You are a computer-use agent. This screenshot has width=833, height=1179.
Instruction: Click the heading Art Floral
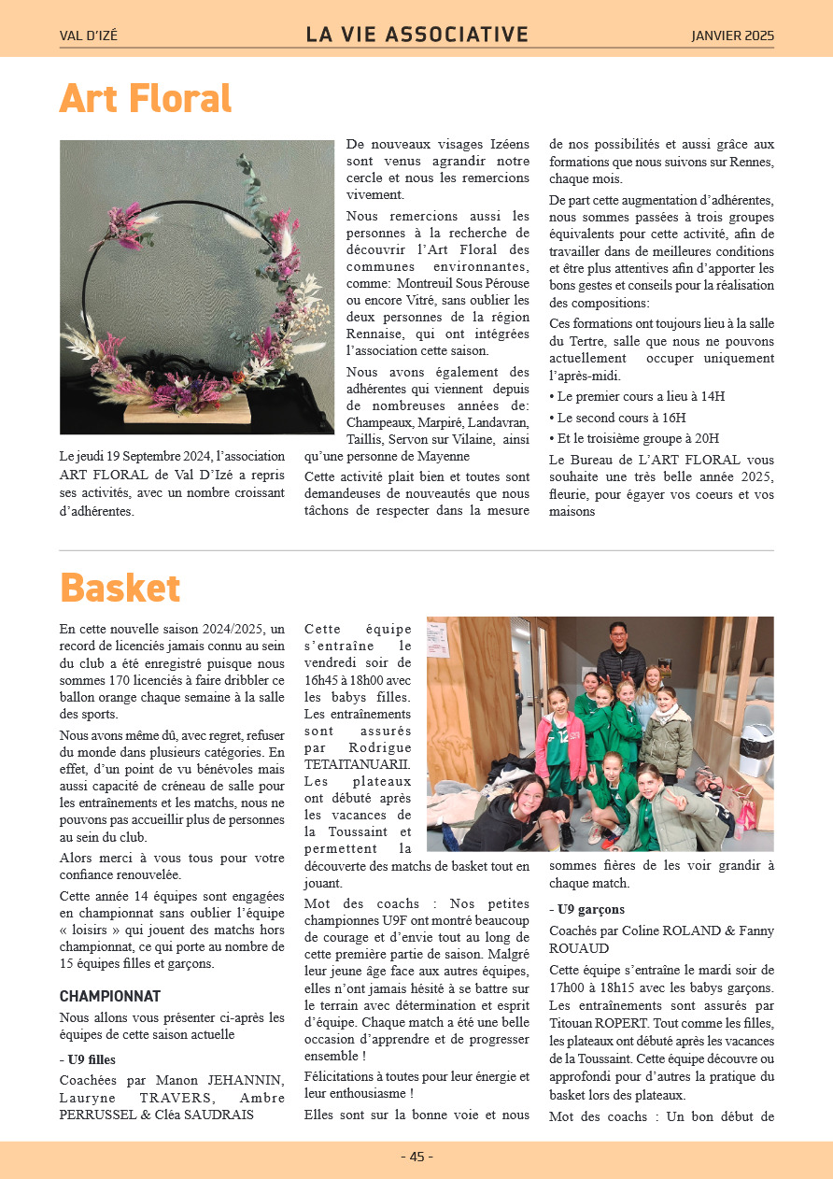click(x=145, y=98)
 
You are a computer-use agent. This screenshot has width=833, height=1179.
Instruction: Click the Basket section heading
click(x=120, y=588)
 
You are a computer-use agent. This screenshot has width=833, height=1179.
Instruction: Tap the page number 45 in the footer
click(x=416, y=1157)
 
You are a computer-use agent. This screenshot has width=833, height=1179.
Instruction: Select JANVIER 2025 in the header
click(x=732, y=36)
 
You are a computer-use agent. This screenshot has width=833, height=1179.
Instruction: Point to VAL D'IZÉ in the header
click(x=89, y=36)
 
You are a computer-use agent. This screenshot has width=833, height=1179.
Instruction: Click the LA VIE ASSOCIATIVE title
click(x=416, y=36)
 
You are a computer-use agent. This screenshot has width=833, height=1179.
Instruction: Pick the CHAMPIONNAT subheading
click(x=110, y=997)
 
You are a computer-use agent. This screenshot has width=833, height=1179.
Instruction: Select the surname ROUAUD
click(x=579, y=948)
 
